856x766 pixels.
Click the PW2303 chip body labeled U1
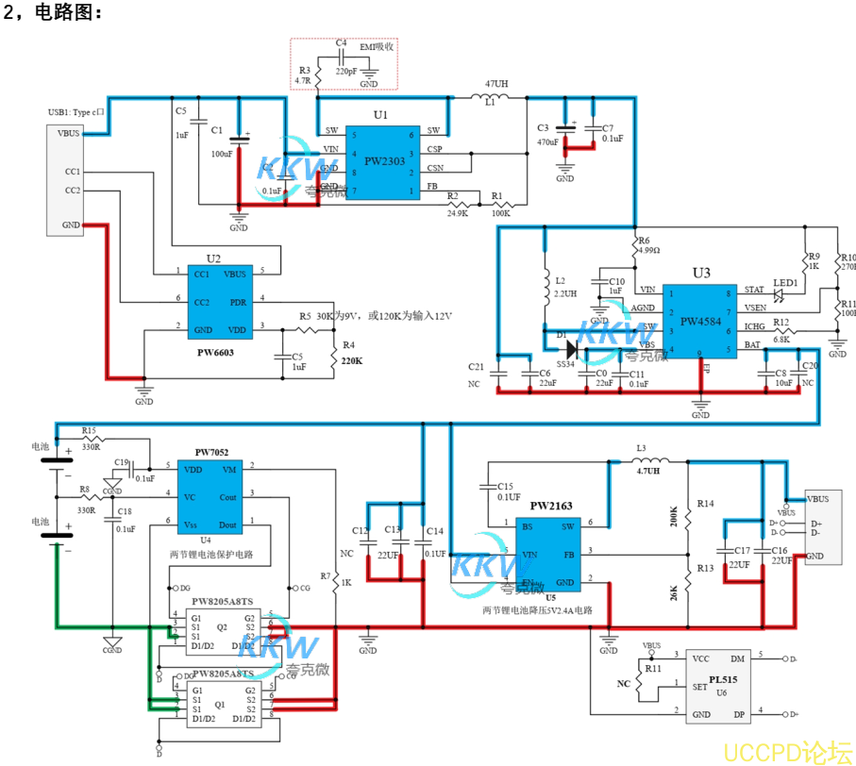[x=381, y=162]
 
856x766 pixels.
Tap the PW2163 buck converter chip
[x=550, y=555]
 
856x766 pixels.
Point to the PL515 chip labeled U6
[x=720, y=685]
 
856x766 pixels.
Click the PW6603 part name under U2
[x=215, y=352]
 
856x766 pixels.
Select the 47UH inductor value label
[x=496, y=85]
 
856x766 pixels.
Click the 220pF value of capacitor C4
[x=345, y=70]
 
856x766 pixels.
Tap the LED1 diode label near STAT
[x=785, y=282]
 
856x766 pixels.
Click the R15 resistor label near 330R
[x=89, y=430]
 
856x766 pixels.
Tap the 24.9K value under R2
[x=457, y=213]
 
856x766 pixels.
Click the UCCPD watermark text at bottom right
[x=786, y=751]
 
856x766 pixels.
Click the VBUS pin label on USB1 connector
[x=68, y=134]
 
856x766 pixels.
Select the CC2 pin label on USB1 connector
[x=72, y=191]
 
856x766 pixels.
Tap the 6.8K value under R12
[x=780, y=339]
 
